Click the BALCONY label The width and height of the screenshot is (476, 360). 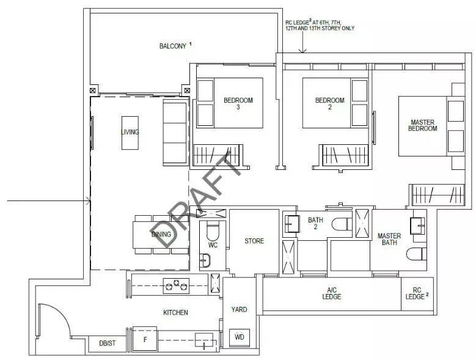pos(173,46)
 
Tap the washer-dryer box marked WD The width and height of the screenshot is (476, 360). pos(239,337)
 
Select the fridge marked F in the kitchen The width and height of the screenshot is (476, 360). pos(145,339)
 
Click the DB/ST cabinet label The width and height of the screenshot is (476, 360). pos(108,343)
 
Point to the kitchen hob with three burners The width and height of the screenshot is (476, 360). pos(176,286)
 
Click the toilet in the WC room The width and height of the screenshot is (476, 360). pos(212,231)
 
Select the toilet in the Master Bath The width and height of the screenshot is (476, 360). pos(416,254)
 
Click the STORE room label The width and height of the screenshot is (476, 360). pos(254,241)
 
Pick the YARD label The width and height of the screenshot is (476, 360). pos(239,309)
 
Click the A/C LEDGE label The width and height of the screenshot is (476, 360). pos(332,293)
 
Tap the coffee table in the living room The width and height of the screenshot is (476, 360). pos(130,133)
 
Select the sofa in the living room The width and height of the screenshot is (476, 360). pos(176,133)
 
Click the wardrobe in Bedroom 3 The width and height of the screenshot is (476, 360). pos(218,155)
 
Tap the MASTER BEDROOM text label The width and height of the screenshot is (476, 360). pos(423,125)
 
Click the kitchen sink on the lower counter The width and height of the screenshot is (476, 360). pos(203,340)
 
